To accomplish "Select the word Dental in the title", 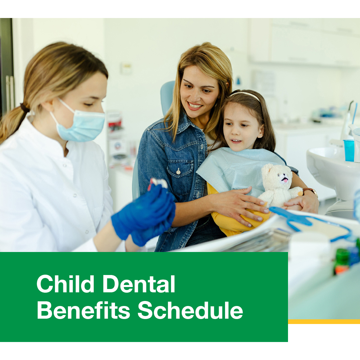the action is (139, 284).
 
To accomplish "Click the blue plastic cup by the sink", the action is (349, 150).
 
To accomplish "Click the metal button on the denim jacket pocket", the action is (178, 171).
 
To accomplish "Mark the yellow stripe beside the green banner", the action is (324, 321).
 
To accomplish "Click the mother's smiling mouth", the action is (195, 106).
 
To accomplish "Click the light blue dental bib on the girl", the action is (239, 169).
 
